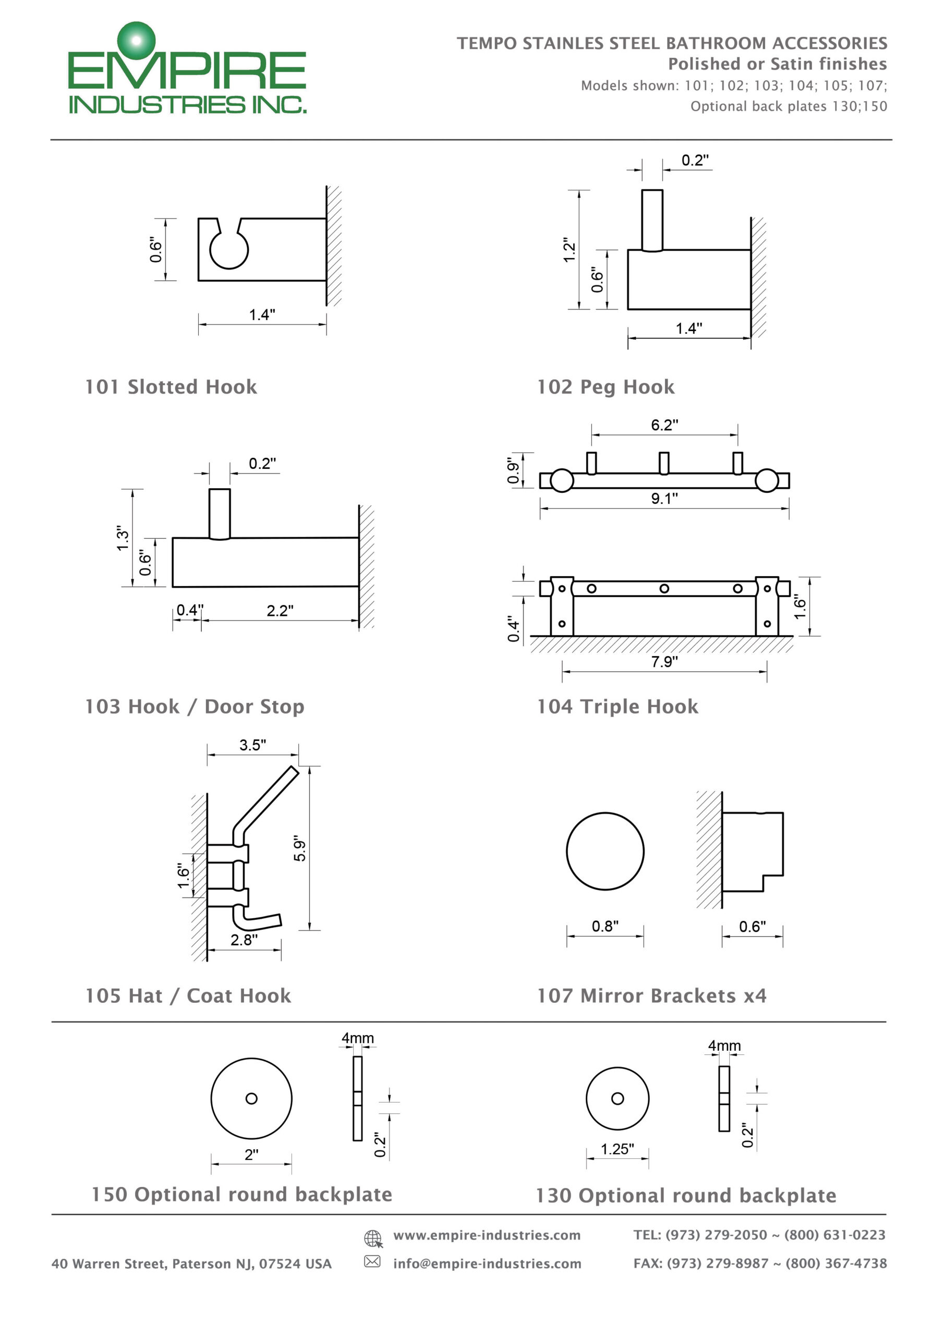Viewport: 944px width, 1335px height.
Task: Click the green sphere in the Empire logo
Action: [x=137, y=40]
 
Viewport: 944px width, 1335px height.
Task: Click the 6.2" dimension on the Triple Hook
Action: [x=664, y=425]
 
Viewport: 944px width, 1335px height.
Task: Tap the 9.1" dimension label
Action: [x=664, y=499]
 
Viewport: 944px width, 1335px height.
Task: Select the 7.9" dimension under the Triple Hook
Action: [x=664, y=662]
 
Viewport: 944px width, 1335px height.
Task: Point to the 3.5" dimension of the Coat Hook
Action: [x=252, y=745]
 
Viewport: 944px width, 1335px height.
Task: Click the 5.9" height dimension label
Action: [x=299, y=849]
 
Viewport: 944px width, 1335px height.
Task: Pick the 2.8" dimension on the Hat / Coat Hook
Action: [x=244, y=940]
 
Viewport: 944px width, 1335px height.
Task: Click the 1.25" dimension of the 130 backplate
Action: [x=617, y=1149]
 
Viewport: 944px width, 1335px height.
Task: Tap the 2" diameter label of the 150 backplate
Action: [x=251, y=1155]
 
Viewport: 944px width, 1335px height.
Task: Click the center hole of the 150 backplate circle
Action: [x=251, y=1098]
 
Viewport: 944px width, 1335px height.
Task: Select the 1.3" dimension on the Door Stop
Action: [x=122, y=538]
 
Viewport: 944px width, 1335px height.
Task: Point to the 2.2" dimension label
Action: [x=280, y=611]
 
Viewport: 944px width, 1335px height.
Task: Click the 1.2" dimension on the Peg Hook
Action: [x=570, y=250]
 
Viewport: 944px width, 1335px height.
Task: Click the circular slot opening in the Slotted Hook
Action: [x=228, y=250]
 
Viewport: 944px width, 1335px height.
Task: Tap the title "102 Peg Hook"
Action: [x=606, y=387]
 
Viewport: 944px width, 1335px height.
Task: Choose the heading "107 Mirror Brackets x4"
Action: [x=651, y=996]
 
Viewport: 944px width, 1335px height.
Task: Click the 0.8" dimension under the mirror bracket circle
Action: [x=605, y=926]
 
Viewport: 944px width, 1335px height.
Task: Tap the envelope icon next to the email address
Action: [x=372, y=1261]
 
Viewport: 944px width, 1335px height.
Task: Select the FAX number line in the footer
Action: [x=759, y=1264]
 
